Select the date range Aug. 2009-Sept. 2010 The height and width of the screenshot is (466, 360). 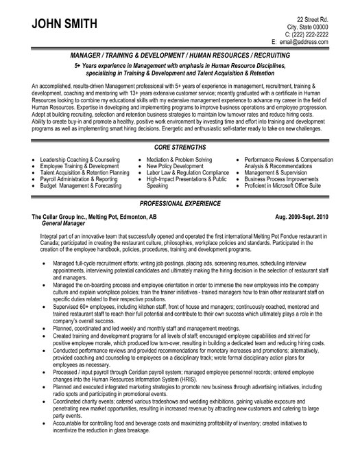[322, 215]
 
